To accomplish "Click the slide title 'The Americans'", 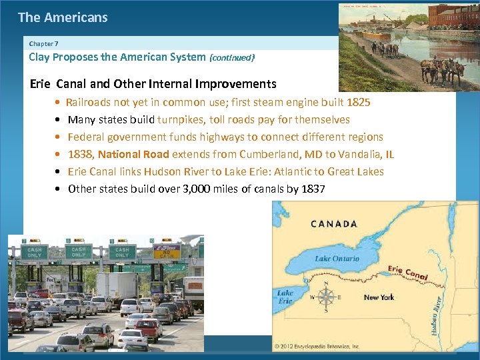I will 63,18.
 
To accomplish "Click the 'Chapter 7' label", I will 44,43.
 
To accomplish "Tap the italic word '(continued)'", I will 232,58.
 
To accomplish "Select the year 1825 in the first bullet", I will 359,103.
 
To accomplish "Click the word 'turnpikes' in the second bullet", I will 179,120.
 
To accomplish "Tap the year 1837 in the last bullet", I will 313,189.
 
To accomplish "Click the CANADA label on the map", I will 333,225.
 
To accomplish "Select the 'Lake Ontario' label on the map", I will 337,258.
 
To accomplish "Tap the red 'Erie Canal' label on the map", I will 407,272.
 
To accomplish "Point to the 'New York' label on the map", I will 379,297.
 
